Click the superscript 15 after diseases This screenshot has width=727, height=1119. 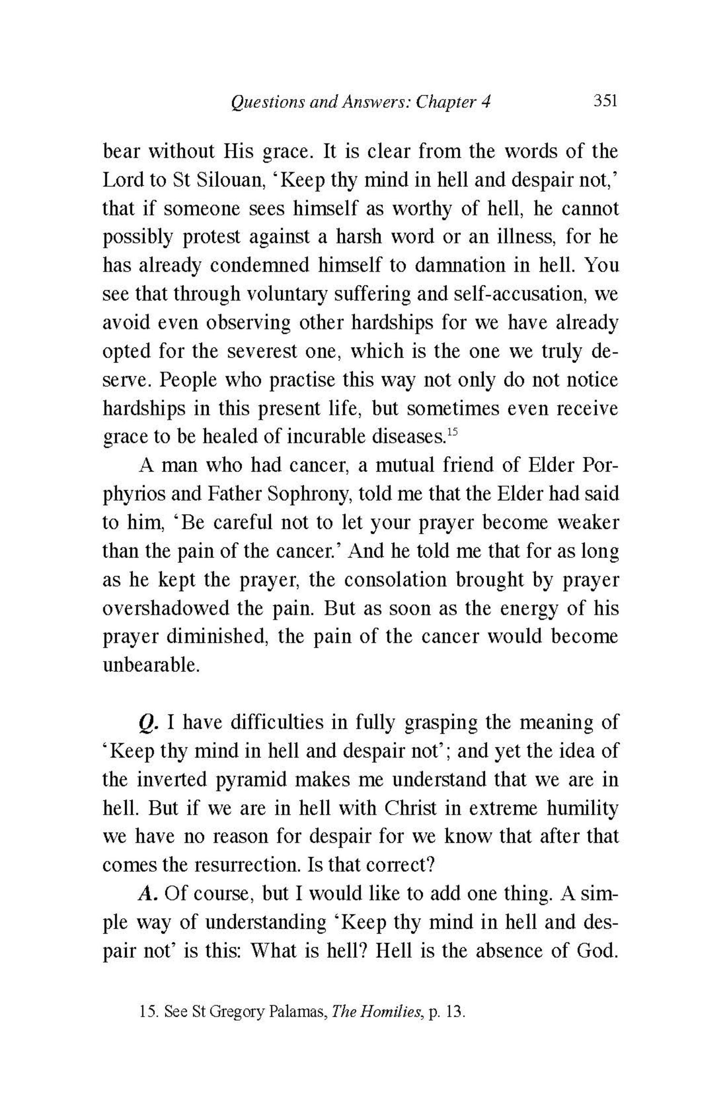(451, 431)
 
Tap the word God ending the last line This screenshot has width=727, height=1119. (597, 951)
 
